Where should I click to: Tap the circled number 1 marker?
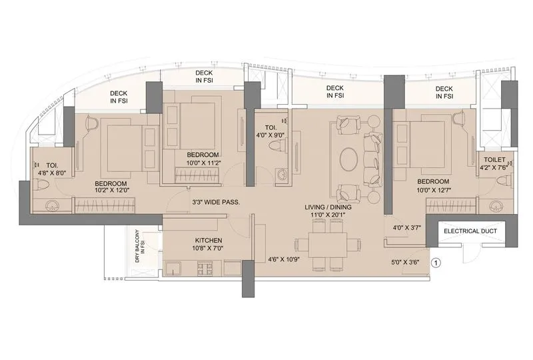click(x=437, y=262)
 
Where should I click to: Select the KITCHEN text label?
click(x=209, y=240)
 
